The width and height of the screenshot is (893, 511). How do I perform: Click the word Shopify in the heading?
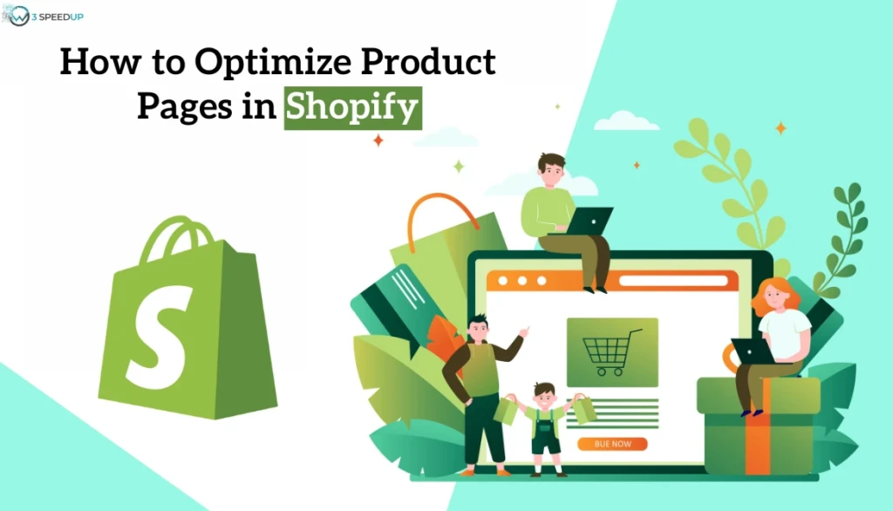[x=352, y=111]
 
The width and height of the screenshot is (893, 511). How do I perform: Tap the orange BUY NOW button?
[x=613, y=444]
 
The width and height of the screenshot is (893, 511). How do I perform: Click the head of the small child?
[x=544, y=393]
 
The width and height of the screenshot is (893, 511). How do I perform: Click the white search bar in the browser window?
[x=672, y=281]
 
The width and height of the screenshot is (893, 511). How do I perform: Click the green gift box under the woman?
[x=759, y=427]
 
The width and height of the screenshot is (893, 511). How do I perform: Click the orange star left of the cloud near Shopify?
[x=378, y=140]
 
